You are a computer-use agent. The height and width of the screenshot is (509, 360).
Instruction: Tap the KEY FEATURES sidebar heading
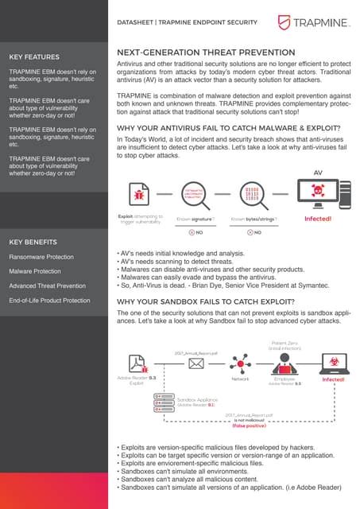(x=33, y=57)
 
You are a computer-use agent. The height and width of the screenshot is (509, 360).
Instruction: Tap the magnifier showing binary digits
(x=250, y=193)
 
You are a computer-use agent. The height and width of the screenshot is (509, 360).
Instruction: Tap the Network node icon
(x=239, y=363)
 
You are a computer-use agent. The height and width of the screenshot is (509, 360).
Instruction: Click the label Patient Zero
(x=284, y=343)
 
